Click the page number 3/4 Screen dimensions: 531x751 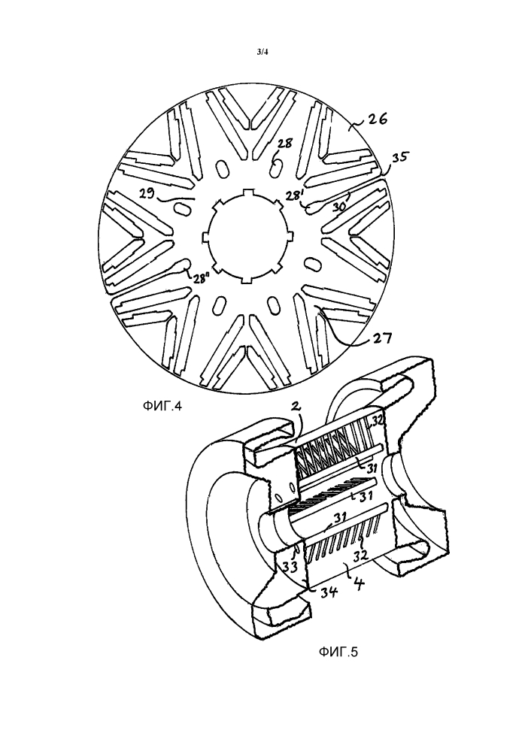tap(262, 53)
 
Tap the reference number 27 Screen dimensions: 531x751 tap(382, 339)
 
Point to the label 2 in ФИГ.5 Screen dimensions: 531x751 tap(296, 407)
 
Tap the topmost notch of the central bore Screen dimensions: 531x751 tap(247, 192)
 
